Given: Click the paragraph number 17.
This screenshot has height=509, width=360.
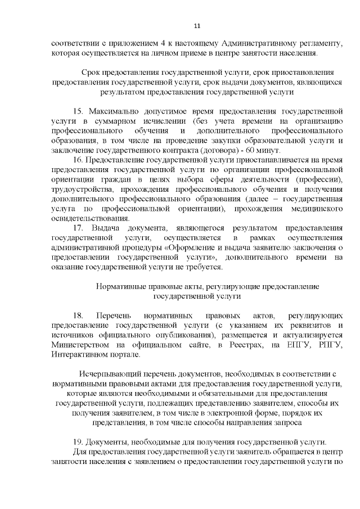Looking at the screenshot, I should coord(79,228).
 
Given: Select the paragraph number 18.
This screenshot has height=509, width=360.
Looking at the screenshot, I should coord(79,316).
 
